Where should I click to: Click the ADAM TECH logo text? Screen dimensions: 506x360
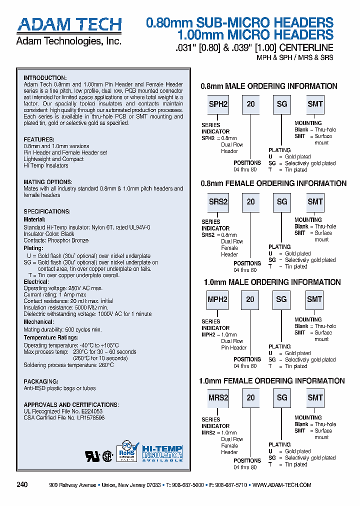pyautogui.click(x=69, y=25)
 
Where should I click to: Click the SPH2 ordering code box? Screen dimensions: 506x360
pyautogui.click(x=218, y=104)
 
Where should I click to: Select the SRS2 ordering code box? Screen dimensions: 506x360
pyautogui.click(x=218, y=201)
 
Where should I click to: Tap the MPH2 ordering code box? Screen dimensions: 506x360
pyautogui.click(x=217, y=299)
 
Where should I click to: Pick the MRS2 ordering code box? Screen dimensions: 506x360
pyautogui.click(x=218, y=397)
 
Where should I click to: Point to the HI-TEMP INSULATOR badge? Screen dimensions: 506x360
pyautogui.click(x=162, y=453)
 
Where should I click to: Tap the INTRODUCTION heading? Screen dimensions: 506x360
pyautogui.click(x=45, y=78)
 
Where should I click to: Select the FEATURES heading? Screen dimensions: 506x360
pyautogui.click(x=39, y=139)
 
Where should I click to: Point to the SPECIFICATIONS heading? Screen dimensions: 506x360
pyautogui.click(x=47, y=211)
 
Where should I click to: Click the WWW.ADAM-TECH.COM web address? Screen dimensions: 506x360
pyautogui.click(x=282, y=485)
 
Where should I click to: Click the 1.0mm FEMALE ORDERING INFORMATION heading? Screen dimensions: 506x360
pyautogui.click(x=272, y=381)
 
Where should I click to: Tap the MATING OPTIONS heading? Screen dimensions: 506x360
pyautogui.click(x=48, y=182)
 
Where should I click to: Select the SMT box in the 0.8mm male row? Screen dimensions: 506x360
pyautogui.click(x=315, y=104)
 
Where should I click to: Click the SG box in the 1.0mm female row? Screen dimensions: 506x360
pyautogui.click(x=282, y=397)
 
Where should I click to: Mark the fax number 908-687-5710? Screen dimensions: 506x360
pyautogui.click(x=231, y=485)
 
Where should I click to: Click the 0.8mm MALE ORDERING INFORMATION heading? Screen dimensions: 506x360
pyautogui.click(x=269, y=86)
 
